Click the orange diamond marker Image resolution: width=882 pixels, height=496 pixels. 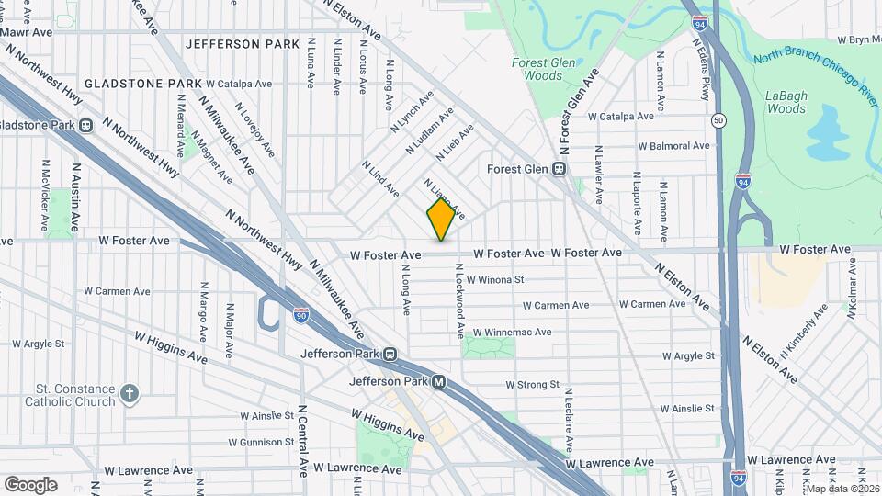click(441, 219)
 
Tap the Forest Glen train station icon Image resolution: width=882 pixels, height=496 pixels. click(559, 169)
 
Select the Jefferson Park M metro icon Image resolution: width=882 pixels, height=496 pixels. click(439, 382)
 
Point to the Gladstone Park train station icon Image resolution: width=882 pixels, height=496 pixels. click(85, 125)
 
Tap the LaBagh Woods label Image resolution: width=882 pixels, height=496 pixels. click(786, 102)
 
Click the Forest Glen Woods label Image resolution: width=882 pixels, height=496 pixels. click(537, 69)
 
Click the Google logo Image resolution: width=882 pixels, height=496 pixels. click(30, 484)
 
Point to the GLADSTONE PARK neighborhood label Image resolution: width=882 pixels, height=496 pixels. click(142, 84)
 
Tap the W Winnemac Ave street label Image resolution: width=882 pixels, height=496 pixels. click(512, 333)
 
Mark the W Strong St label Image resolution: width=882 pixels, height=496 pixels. click(533, 385)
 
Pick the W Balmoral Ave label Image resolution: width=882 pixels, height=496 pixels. click(673, 145)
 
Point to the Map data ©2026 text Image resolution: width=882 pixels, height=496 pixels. click(840, 489)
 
